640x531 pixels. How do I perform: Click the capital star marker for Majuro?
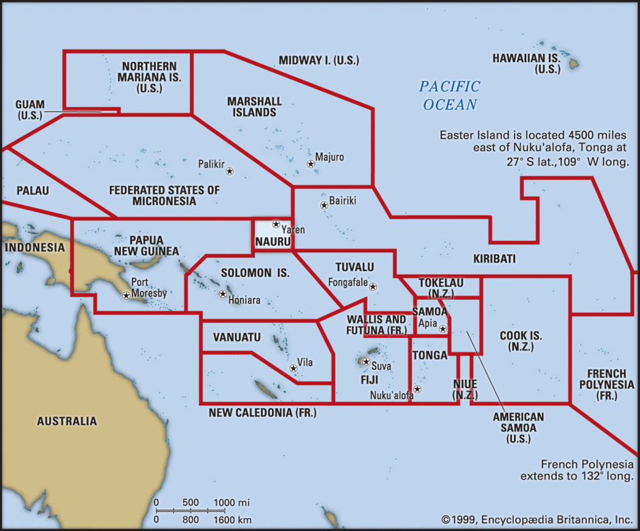(x=310, y=165)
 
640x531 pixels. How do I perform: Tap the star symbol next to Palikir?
(x=229, y=171)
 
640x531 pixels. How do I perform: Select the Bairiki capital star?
(x=324, y=206)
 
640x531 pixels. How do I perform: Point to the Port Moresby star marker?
(x=127, y=295)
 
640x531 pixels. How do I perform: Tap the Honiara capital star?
(x=223, y=294)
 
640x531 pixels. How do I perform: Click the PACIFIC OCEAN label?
(x=450, y=95)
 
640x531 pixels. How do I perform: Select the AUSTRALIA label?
(x=67, y=421)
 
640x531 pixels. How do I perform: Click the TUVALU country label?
(x=355, y=266)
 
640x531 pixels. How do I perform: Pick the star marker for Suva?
(x=366, y=362)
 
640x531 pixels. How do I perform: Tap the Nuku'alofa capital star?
(x=417, y=389)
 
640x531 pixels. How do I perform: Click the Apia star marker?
(x=443, y=329)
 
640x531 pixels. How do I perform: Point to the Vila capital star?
(x=293, y=368)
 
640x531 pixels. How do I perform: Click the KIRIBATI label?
(x=494, y=259)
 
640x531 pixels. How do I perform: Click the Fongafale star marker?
(x=373, y=286)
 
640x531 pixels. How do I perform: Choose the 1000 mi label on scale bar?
(x=231, y=502)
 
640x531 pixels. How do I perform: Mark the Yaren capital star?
(x=276, y=224)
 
